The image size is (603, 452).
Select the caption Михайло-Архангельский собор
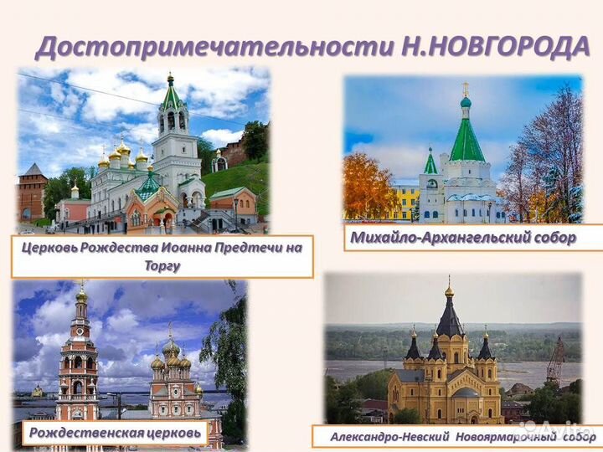pyautogui.click(x=462, y=238)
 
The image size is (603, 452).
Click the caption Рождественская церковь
pyautogui.click(x=116, y=432)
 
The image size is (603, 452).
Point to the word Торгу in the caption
pyautogui.click(x=161, y=266)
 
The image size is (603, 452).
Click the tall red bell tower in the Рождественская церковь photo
pyautogui.click(x=80, y=360)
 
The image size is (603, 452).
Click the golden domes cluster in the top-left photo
pyautogui.click(x=122, y=156)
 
